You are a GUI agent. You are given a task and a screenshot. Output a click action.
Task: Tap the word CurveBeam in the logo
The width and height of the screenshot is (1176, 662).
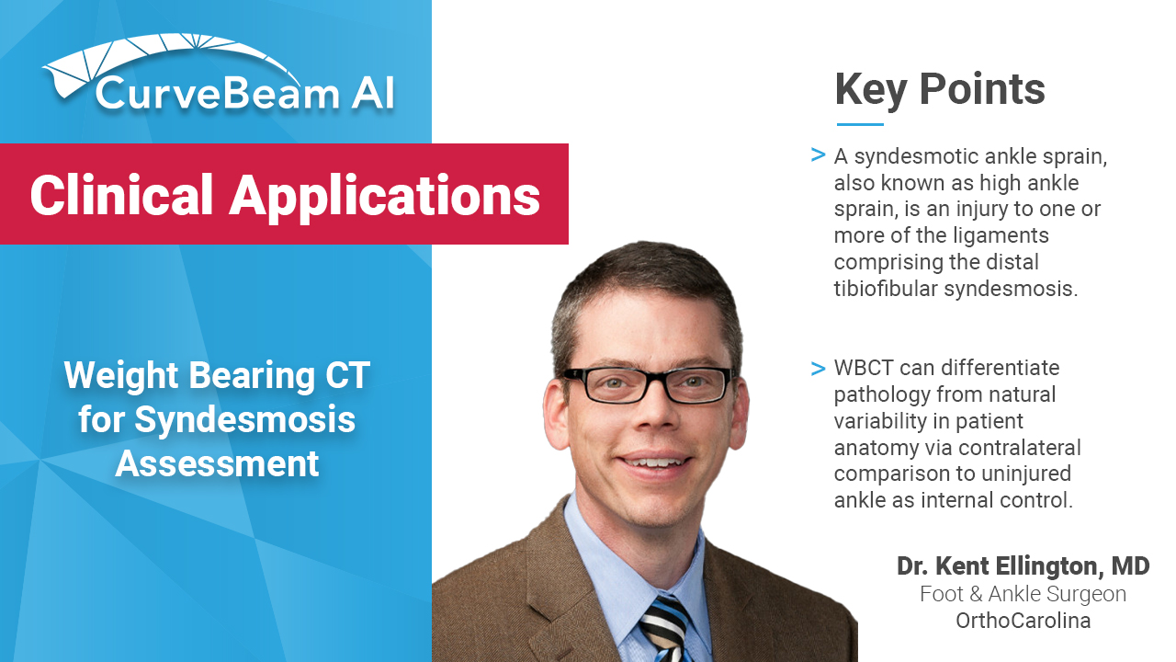(x=218, y=94)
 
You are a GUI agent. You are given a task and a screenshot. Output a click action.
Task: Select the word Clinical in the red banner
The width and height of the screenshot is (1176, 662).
(x=121, y=195)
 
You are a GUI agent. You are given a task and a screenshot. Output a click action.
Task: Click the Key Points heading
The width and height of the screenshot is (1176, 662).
(x=939, y=90)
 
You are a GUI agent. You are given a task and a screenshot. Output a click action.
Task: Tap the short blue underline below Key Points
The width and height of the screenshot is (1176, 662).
(x=860, y=124)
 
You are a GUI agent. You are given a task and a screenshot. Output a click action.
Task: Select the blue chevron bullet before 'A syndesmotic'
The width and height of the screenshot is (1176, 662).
(x=818, y=155)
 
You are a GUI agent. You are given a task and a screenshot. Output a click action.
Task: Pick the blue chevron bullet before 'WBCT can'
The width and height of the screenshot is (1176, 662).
(x=818, y=369)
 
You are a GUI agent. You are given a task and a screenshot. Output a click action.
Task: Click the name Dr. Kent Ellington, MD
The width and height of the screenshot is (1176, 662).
(x=1023, y=565)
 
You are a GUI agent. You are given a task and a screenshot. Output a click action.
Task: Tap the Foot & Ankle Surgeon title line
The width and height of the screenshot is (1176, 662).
(x=1023, y=594)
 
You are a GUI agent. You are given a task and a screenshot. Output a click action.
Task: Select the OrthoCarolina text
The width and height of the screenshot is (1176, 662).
(x=1023, y=621)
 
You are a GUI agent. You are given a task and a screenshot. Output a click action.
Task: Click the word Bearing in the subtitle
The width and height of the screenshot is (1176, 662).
(x=252, y=377)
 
